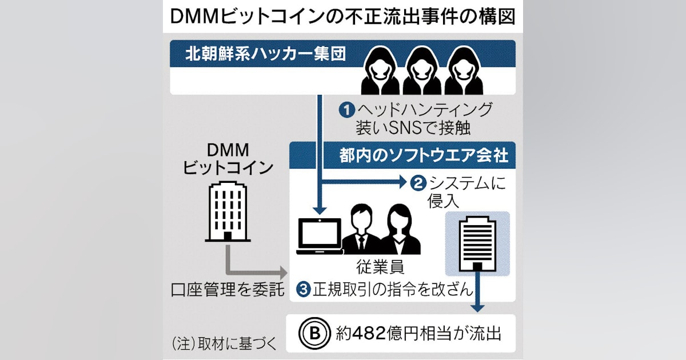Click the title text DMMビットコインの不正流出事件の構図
[x=342, y=16]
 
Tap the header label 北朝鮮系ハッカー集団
[x=265, y=54]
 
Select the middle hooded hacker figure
[x=422, y=70]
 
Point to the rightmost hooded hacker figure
[x=464, y=70]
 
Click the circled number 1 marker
[x=346, y=110]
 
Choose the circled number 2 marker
[x=418, y=183]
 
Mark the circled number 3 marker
[x=304, y=289]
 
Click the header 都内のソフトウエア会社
[x=424, y=155]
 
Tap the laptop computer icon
[x=320, y=236]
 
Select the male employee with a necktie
[x=361, y=230]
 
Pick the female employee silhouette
[x=400, y=230]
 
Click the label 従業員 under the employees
[x=380, y=267]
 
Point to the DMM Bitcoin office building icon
[x=228, y=211]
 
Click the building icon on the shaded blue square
[x=477, y=243]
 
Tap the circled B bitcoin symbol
[x=315, y=333]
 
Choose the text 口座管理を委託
[x=228, y=289]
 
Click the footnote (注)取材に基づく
[x=224, y=344]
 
